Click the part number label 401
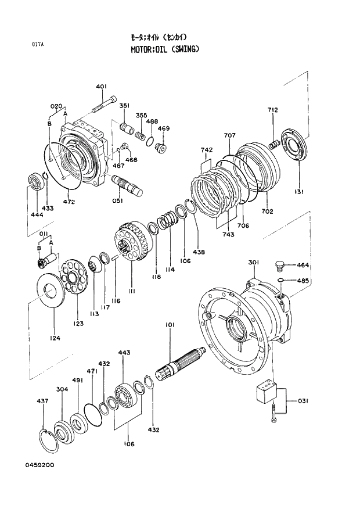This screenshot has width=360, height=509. tap(101, 87)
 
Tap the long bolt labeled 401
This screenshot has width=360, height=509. tap(104, 105)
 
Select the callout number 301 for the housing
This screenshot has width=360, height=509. tap(254, 263)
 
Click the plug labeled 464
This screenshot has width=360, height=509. tap(279, 266)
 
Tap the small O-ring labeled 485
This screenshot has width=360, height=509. tap(280, 281)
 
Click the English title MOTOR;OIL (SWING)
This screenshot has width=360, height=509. tap(165, 49)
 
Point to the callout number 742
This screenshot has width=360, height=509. tap(207, 150)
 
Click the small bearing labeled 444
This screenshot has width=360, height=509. tap(37, 182)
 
